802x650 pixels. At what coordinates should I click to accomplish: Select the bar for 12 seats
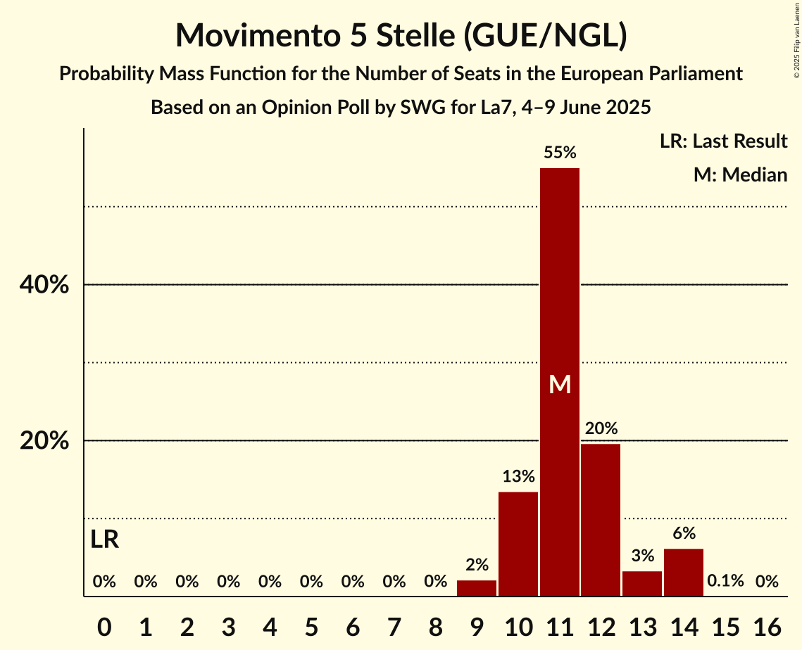601,520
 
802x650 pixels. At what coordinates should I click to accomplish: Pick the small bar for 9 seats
477,588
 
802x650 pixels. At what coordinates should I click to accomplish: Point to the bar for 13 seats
642,584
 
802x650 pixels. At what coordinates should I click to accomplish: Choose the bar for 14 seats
684,573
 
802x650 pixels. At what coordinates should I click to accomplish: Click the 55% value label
560,153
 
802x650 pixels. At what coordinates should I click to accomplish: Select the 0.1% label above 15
725,581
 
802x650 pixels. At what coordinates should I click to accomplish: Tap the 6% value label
684,533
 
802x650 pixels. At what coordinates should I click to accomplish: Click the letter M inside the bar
560,384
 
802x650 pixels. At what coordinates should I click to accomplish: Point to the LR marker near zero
105,540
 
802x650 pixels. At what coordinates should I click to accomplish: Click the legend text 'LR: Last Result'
723,141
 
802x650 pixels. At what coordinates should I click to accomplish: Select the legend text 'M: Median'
740,174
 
